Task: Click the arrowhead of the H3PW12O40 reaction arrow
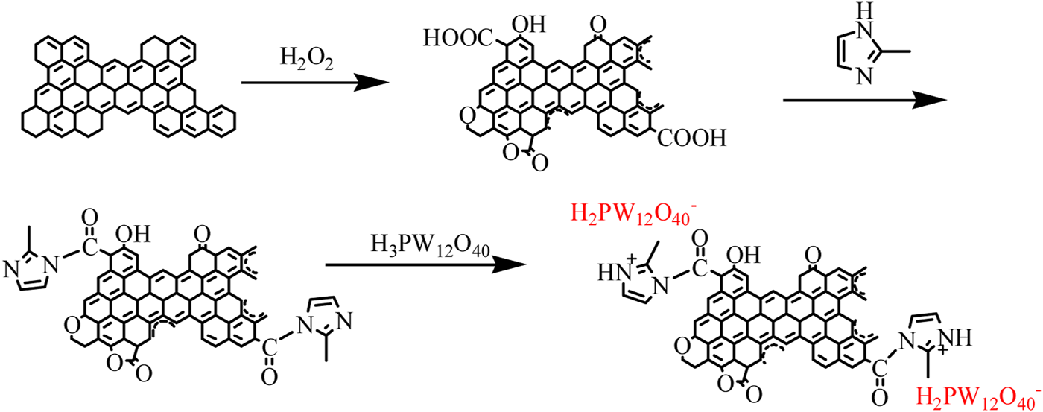pos(526,264)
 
